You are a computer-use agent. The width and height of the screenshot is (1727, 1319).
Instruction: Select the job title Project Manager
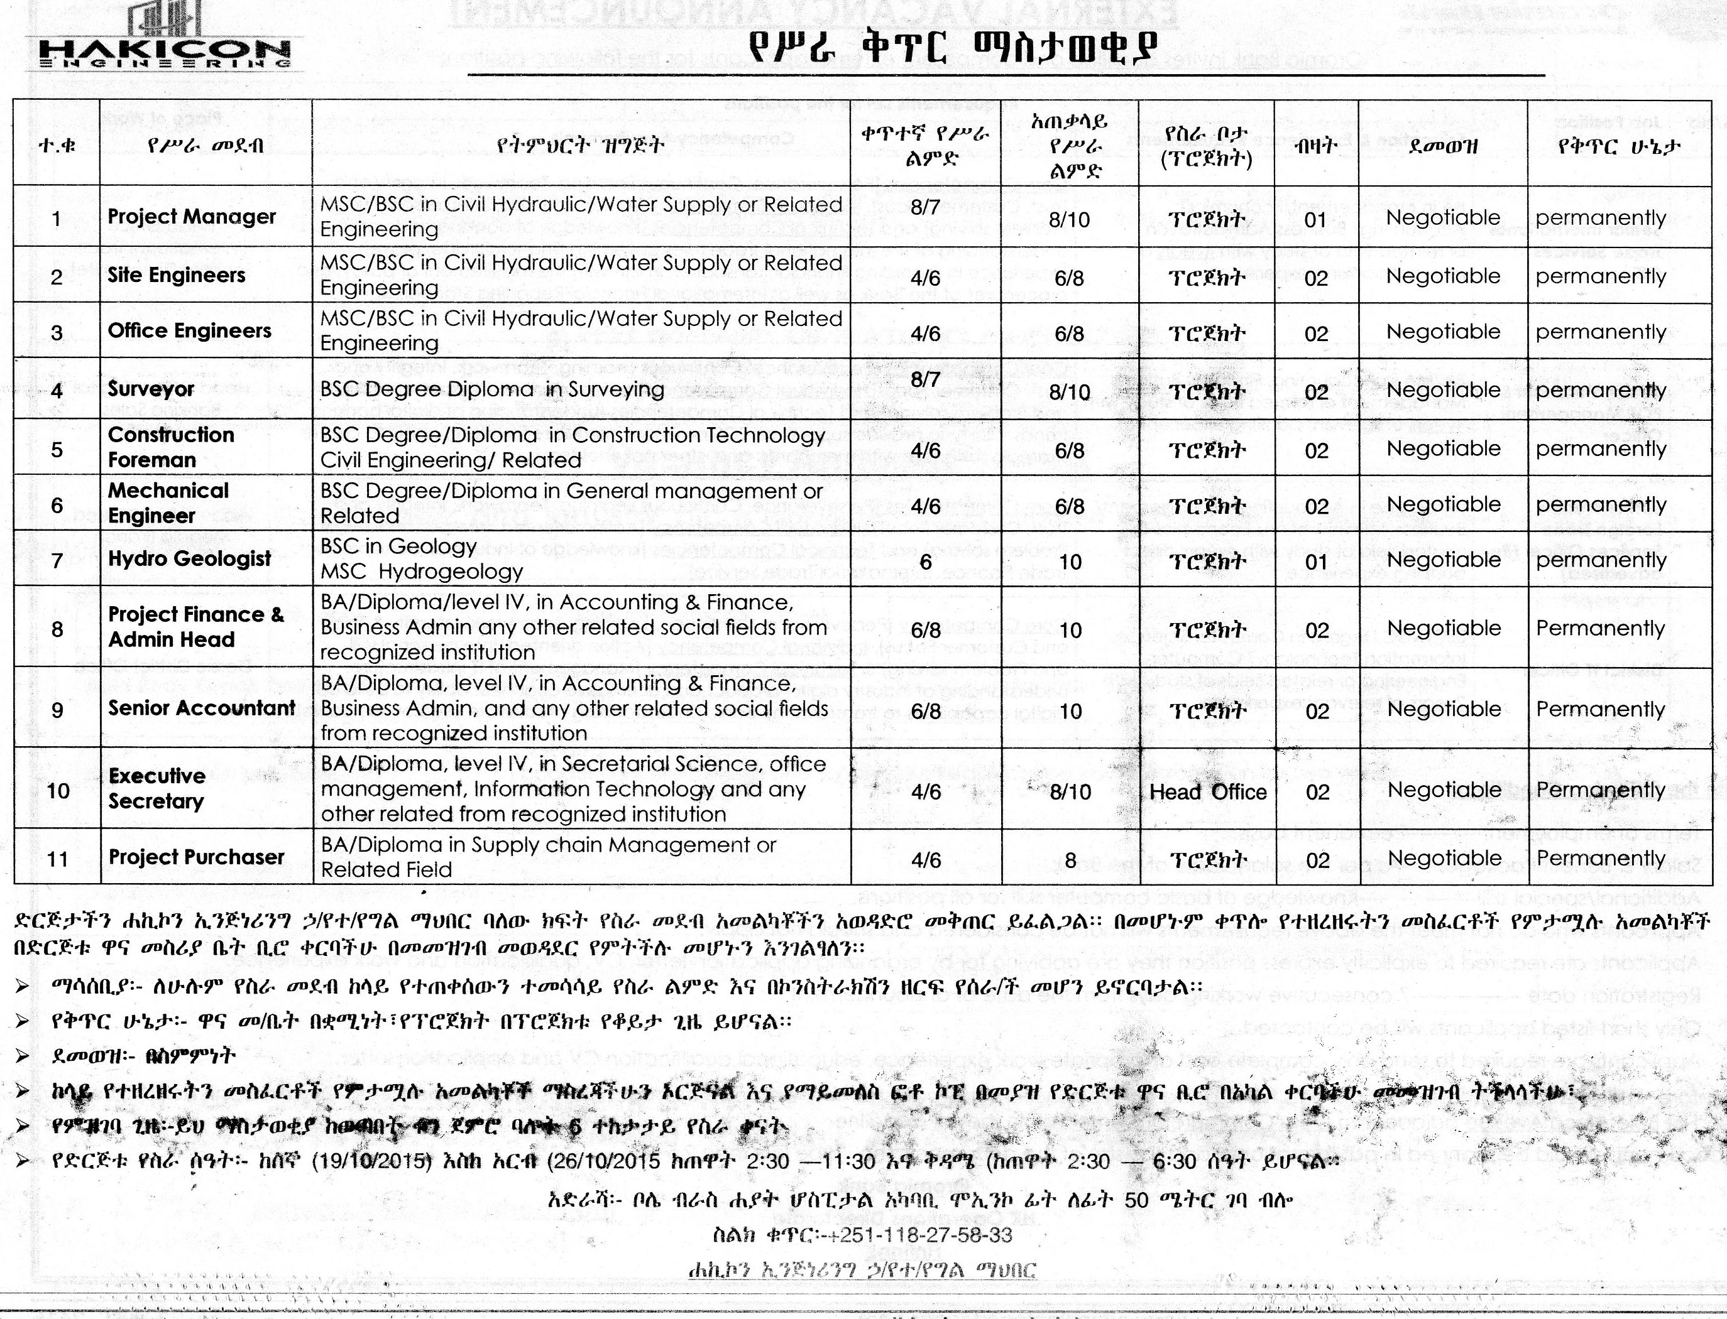click(192, 217)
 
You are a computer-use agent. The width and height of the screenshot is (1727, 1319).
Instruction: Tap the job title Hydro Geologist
click(189, 559)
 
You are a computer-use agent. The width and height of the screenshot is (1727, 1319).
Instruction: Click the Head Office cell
click(1208, 791)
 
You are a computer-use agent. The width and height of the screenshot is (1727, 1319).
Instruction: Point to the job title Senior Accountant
click(202, 708)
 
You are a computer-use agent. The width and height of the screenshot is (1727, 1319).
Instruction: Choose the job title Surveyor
click(151, 389)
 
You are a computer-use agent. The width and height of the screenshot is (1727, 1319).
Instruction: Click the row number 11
click(57, 859)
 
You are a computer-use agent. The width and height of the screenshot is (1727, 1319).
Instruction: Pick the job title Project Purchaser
click(196, 857)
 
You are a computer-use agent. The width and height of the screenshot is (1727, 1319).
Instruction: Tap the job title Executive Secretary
click(157, 788)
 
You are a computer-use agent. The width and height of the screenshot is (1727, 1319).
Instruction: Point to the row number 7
click(57, 562)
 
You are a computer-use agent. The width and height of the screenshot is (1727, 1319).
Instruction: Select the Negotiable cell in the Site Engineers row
click(1443, 276)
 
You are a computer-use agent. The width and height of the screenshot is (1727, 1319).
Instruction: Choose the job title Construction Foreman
click(170, 447)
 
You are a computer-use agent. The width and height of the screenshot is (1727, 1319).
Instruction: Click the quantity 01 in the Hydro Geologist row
click(1316, 562)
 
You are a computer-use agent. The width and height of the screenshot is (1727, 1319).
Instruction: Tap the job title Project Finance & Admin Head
click(195, 627)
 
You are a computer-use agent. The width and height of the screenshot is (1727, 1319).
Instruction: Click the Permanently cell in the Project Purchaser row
click(1600, 858)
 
